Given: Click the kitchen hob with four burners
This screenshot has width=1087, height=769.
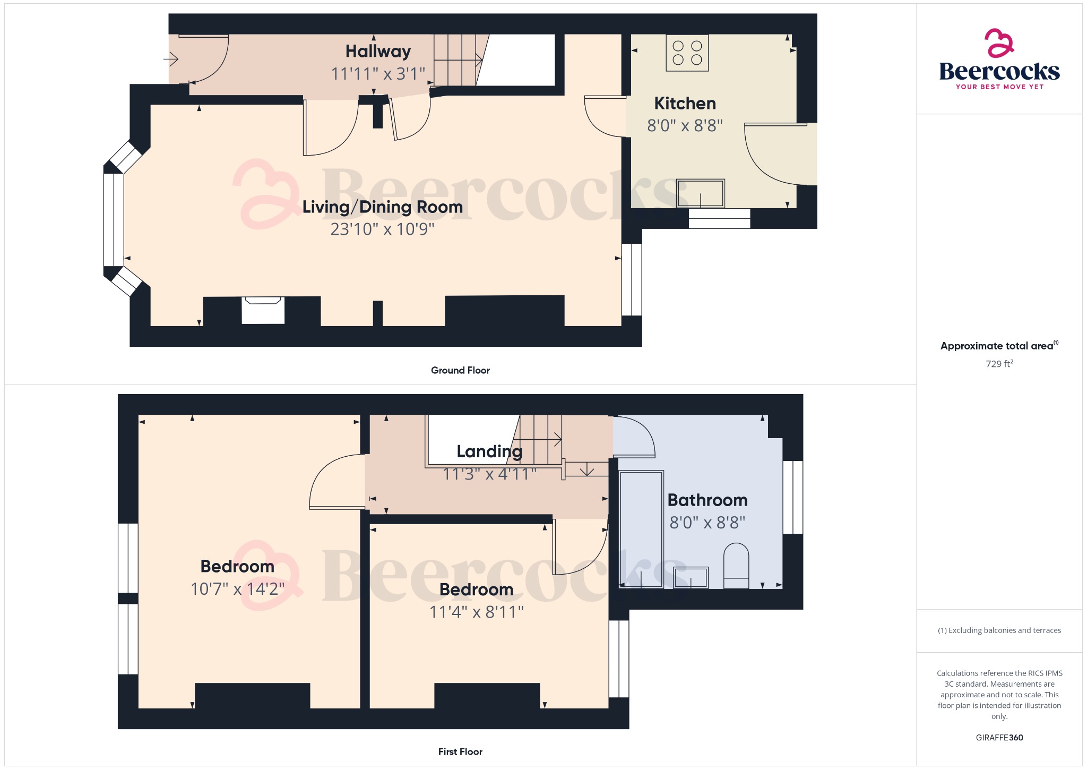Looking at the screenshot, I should pos(687,53).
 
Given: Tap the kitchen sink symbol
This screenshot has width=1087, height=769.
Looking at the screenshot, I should pos(700,193).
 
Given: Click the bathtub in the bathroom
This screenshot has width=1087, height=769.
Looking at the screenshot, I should pos(641,528).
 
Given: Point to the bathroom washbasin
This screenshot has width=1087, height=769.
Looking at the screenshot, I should pos(691,577).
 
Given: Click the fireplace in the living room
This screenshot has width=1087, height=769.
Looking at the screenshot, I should pos(263,310).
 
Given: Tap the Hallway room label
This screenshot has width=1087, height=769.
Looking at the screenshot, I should pos(378,52).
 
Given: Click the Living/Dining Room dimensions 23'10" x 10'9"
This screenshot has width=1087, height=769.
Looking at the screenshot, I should pos(382,229).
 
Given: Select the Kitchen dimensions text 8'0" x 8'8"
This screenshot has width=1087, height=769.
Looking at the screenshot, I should pos(685,126).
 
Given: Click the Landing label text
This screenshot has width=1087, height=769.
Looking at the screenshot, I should pos(489,451).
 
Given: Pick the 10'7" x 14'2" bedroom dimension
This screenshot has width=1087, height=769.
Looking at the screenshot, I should pos(237,589).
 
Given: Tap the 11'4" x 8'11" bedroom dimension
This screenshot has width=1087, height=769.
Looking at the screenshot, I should pos(476,612).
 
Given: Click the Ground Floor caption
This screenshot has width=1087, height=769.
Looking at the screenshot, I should pos(460,370).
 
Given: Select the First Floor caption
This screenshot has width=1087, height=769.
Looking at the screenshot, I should pos(460,751).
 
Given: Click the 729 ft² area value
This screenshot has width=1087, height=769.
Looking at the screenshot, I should pos(999,364).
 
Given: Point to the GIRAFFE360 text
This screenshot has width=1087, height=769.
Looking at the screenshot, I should pos(999,738).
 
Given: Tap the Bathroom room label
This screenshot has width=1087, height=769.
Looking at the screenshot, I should pos(707,500).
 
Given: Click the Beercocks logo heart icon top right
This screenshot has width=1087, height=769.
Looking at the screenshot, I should pos(999,43).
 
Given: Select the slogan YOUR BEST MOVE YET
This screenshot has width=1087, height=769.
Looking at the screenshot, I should pos(999,87).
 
